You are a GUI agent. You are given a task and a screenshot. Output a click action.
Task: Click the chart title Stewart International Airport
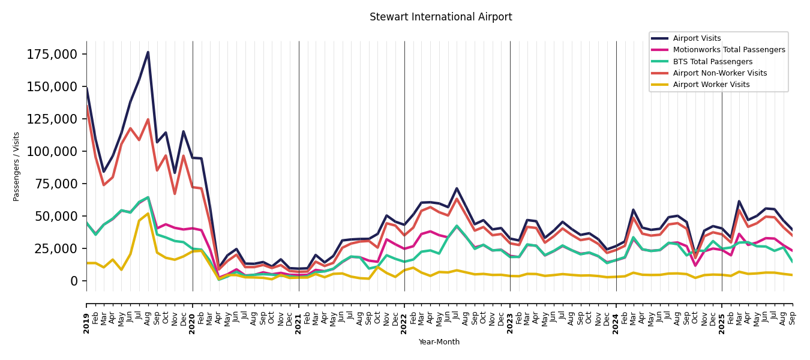(x=440, y=17)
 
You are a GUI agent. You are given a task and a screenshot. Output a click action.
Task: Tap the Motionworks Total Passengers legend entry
(x=728, y=50)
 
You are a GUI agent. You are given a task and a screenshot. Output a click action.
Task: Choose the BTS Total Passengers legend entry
(x=712, y=62)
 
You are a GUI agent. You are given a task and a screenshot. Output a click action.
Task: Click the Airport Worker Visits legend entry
(x=711, y=85)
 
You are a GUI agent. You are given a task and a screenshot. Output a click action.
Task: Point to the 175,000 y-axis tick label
(x=53, y=55)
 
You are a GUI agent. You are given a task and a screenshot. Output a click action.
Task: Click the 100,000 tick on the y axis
(x=53, y=151)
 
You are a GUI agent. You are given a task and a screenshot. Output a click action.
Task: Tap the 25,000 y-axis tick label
(x=56, y=248)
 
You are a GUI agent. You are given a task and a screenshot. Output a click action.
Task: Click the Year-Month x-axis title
(x=439, y=342)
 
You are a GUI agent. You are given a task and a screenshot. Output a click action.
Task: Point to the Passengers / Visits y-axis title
(x=17, y=166)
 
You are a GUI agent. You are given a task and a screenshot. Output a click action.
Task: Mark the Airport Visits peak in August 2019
(x=148, y=52)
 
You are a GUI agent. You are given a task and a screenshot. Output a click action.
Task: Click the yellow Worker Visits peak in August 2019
(x=148, y=213)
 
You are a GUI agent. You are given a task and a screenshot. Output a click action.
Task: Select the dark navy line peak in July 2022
(x=457, y=188)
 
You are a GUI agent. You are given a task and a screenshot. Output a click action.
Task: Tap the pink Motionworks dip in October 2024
(x=695, y=265)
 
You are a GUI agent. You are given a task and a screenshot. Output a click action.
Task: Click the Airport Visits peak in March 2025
(x=739, y=201)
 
